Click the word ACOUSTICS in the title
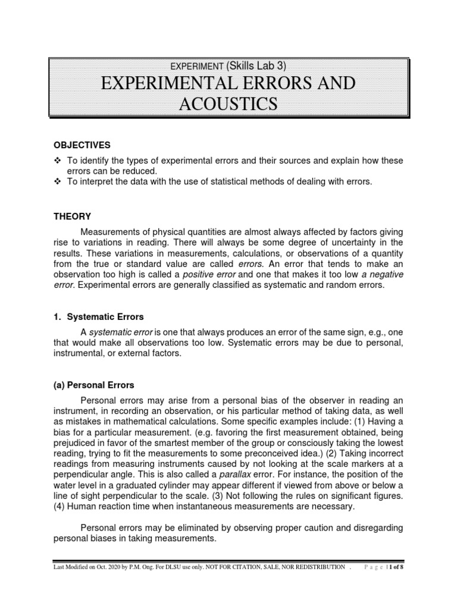click(x=228, y=105)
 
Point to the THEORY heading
click(x=72, y=218)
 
